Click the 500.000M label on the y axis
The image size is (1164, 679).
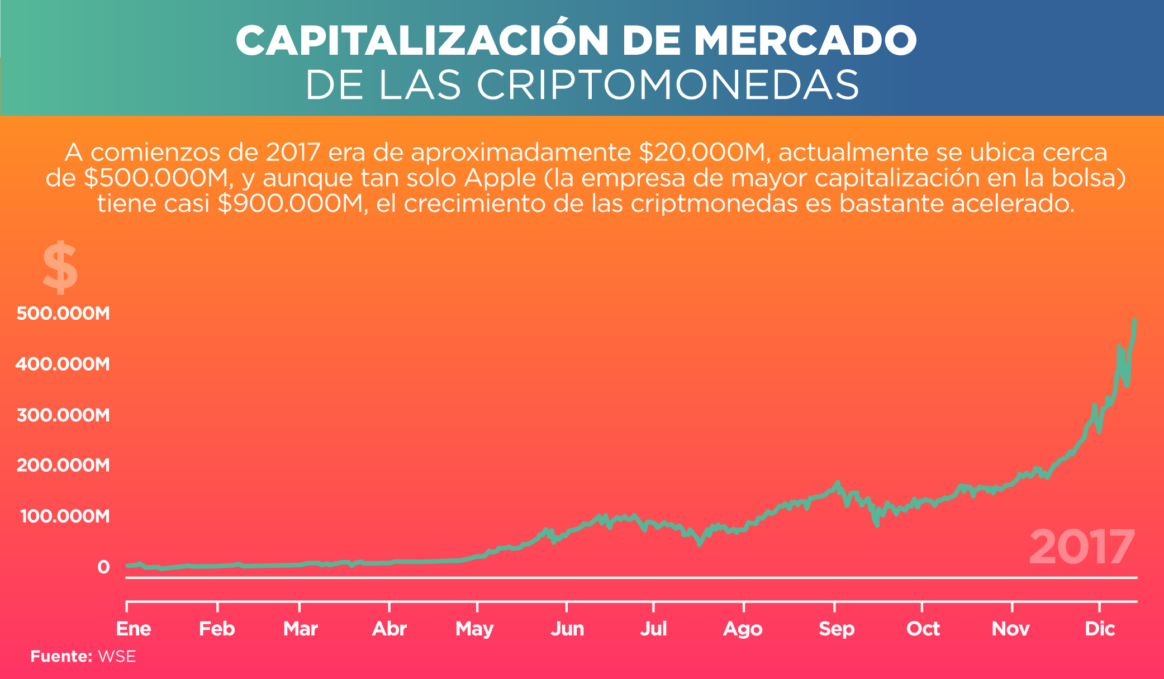point(63,313)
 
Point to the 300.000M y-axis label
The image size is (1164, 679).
point(63,415)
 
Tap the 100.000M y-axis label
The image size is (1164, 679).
point(65,516)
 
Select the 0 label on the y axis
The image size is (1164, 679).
point(103,567)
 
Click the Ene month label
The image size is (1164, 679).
point(134,629)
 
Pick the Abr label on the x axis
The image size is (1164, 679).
point(389,629)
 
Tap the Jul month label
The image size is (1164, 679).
point(653,629)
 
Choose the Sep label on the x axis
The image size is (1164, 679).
point(837,629)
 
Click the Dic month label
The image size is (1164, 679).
point(1100,629)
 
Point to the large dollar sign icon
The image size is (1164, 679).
point(60,268)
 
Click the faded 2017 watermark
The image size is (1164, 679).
point(1082,548)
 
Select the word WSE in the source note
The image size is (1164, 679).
point(117,656)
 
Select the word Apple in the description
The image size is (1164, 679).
point(500,178)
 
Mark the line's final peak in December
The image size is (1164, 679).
point(1134,321)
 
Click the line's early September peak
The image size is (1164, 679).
point(837,482)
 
